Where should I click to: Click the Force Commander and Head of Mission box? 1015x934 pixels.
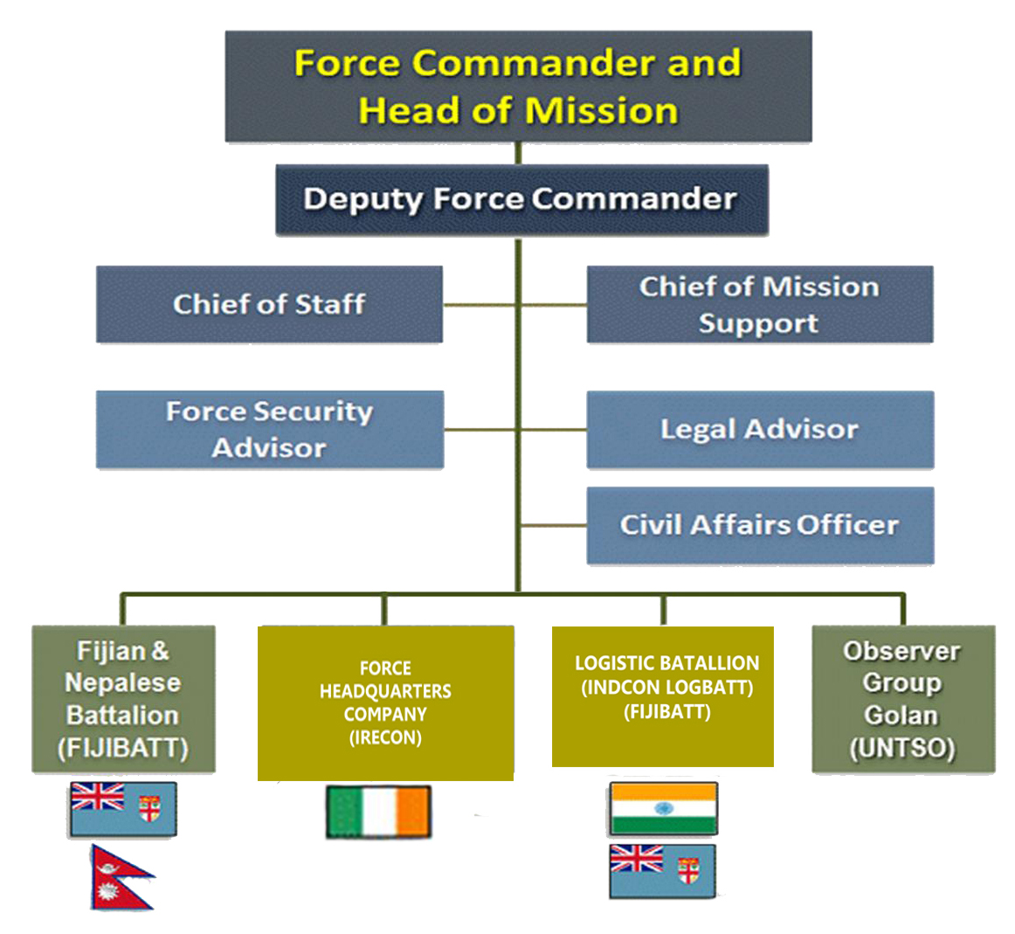pos(519,86)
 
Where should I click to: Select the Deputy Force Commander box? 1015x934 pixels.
pos(521,199)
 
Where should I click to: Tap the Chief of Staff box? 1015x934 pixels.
pos(269,304)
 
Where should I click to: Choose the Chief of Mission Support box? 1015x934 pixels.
pos(760,304)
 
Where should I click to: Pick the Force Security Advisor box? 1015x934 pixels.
pos(270,429)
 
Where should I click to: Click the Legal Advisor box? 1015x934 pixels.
pos(760,429)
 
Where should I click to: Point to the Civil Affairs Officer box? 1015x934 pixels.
pos(760,525)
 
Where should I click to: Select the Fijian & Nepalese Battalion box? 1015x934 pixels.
pos(124,698)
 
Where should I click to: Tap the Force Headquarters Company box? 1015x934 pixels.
pos(386,703)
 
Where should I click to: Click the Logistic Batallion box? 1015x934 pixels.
pos(663,696)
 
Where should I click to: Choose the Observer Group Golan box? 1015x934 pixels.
pos(904,698)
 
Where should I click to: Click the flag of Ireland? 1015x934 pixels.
pos(379,812)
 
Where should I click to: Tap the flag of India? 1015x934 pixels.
pos(664,808)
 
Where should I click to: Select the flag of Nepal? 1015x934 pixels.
pos(121,878)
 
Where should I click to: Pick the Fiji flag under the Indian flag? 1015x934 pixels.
pos(663,871)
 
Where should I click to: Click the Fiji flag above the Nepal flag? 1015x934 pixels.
pos(123,809)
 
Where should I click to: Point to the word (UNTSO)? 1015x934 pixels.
pos(902,748)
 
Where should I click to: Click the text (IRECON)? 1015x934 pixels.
pos(386,737)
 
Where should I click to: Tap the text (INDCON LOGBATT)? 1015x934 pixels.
pos(667,688)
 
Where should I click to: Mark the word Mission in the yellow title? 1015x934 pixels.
pos(602,110)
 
